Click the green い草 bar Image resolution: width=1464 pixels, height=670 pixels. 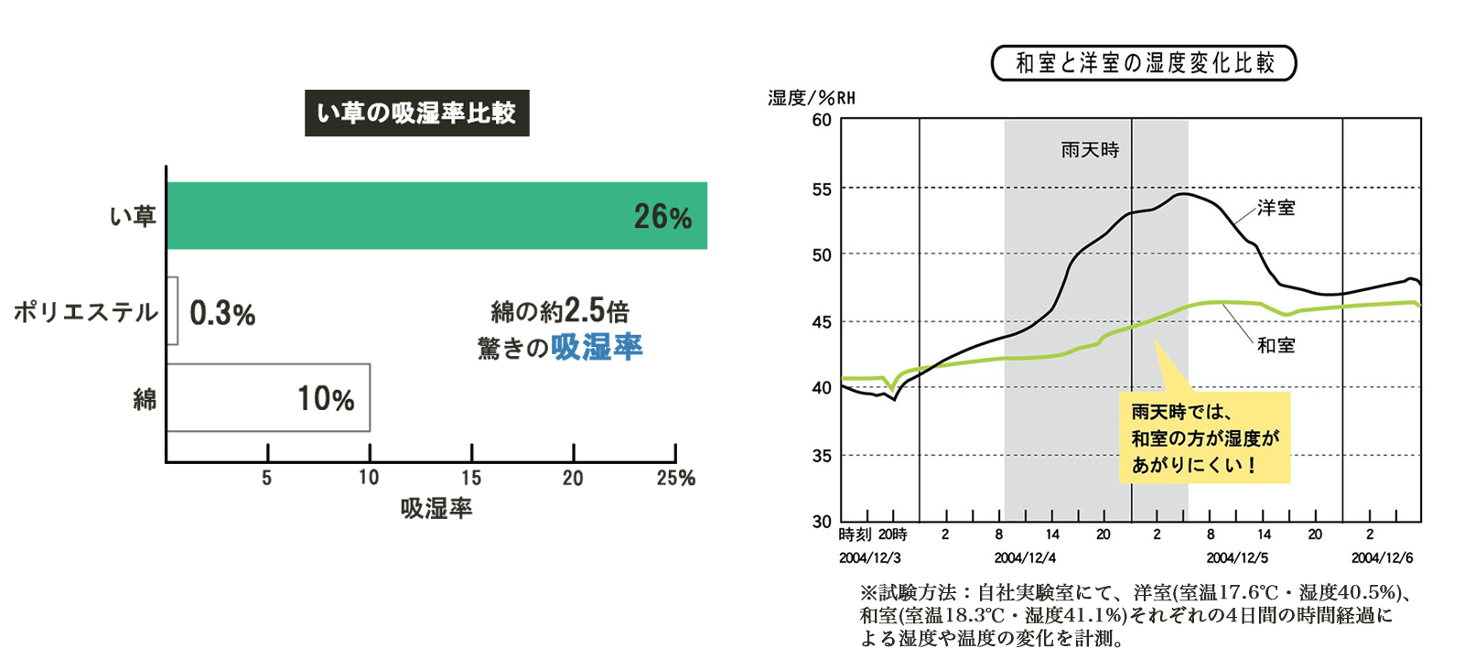click(x=436, y=216)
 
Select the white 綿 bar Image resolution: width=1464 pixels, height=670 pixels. click(x=268, y=398)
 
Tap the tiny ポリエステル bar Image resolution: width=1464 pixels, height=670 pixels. click(x=172, y=311)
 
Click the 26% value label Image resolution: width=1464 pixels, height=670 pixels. click(x=662, y=217)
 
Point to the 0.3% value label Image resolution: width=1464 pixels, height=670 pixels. click(x=222, y=314)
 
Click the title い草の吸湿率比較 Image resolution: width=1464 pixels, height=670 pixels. click(x=416, y=113)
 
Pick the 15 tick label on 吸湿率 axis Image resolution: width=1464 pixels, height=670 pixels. click(x=471, y=478)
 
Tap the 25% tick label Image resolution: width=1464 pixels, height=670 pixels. click(x=675, y=478)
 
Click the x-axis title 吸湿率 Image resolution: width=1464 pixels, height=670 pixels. click(x=436, y=509)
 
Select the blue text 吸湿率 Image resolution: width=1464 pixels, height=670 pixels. click(x=597, y=348)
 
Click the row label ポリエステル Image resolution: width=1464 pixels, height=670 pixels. click(x=85, y=312)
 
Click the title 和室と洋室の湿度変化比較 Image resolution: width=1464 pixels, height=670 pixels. click(x=1144, y=63)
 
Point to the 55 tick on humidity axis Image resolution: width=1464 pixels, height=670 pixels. click(x=821, y=189)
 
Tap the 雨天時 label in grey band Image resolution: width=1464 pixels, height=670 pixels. click(x=1090, y=149)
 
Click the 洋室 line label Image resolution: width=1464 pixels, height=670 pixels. click(x=1276, y=208)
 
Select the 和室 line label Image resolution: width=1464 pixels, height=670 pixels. click(x=1276, y=345)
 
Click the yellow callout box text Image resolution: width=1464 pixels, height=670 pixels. click(x=1204, y=438)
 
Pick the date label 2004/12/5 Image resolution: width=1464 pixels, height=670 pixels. click(x=1236, y=557)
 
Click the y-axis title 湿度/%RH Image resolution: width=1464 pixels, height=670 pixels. click(x=811, y=98)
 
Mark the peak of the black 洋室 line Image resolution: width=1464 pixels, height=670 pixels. click(x=1182, y=194)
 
